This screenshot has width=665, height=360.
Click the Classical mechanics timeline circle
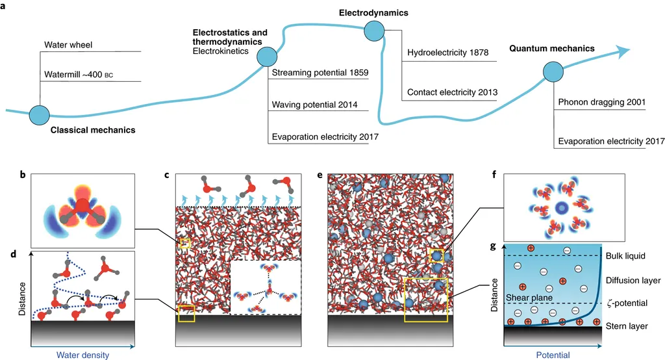(x=40, y=114)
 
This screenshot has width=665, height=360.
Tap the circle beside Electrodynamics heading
(x=375, y=30)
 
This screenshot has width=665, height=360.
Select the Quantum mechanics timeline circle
(x=553, y=72)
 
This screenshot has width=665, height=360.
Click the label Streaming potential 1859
(x=320, y=72)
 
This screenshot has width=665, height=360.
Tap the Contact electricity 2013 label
(x=452, y=92)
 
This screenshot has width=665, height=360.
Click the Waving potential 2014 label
(x=314, y=105)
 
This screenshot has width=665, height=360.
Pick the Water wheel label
(x=68, y=45)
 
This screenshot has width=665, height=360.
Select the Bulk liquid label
(x=626, y=256)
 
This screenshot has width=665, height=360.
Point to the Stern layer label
(x=626, y=326)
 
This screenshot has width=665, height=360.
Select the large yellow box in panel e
(x=425, y=299)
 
